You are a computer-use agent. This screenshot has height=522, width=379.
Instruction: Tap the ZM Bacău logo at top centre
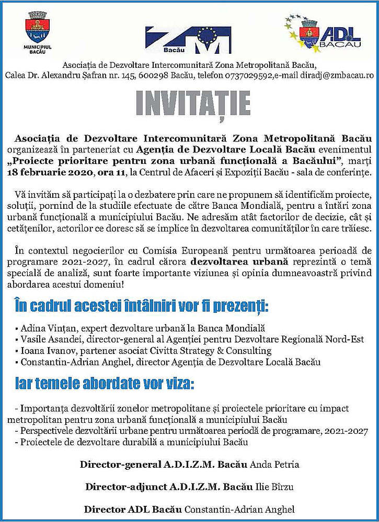point(188,39)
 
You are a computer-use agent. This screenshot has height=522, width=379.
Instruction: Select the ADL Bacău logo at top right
point(324,34)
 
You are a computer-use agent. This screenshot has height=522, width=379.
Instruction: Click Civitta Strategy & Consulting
point(225,351)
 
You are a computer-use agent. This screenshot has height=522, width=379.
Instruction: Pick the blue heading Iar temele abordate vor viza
point(105,385)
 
